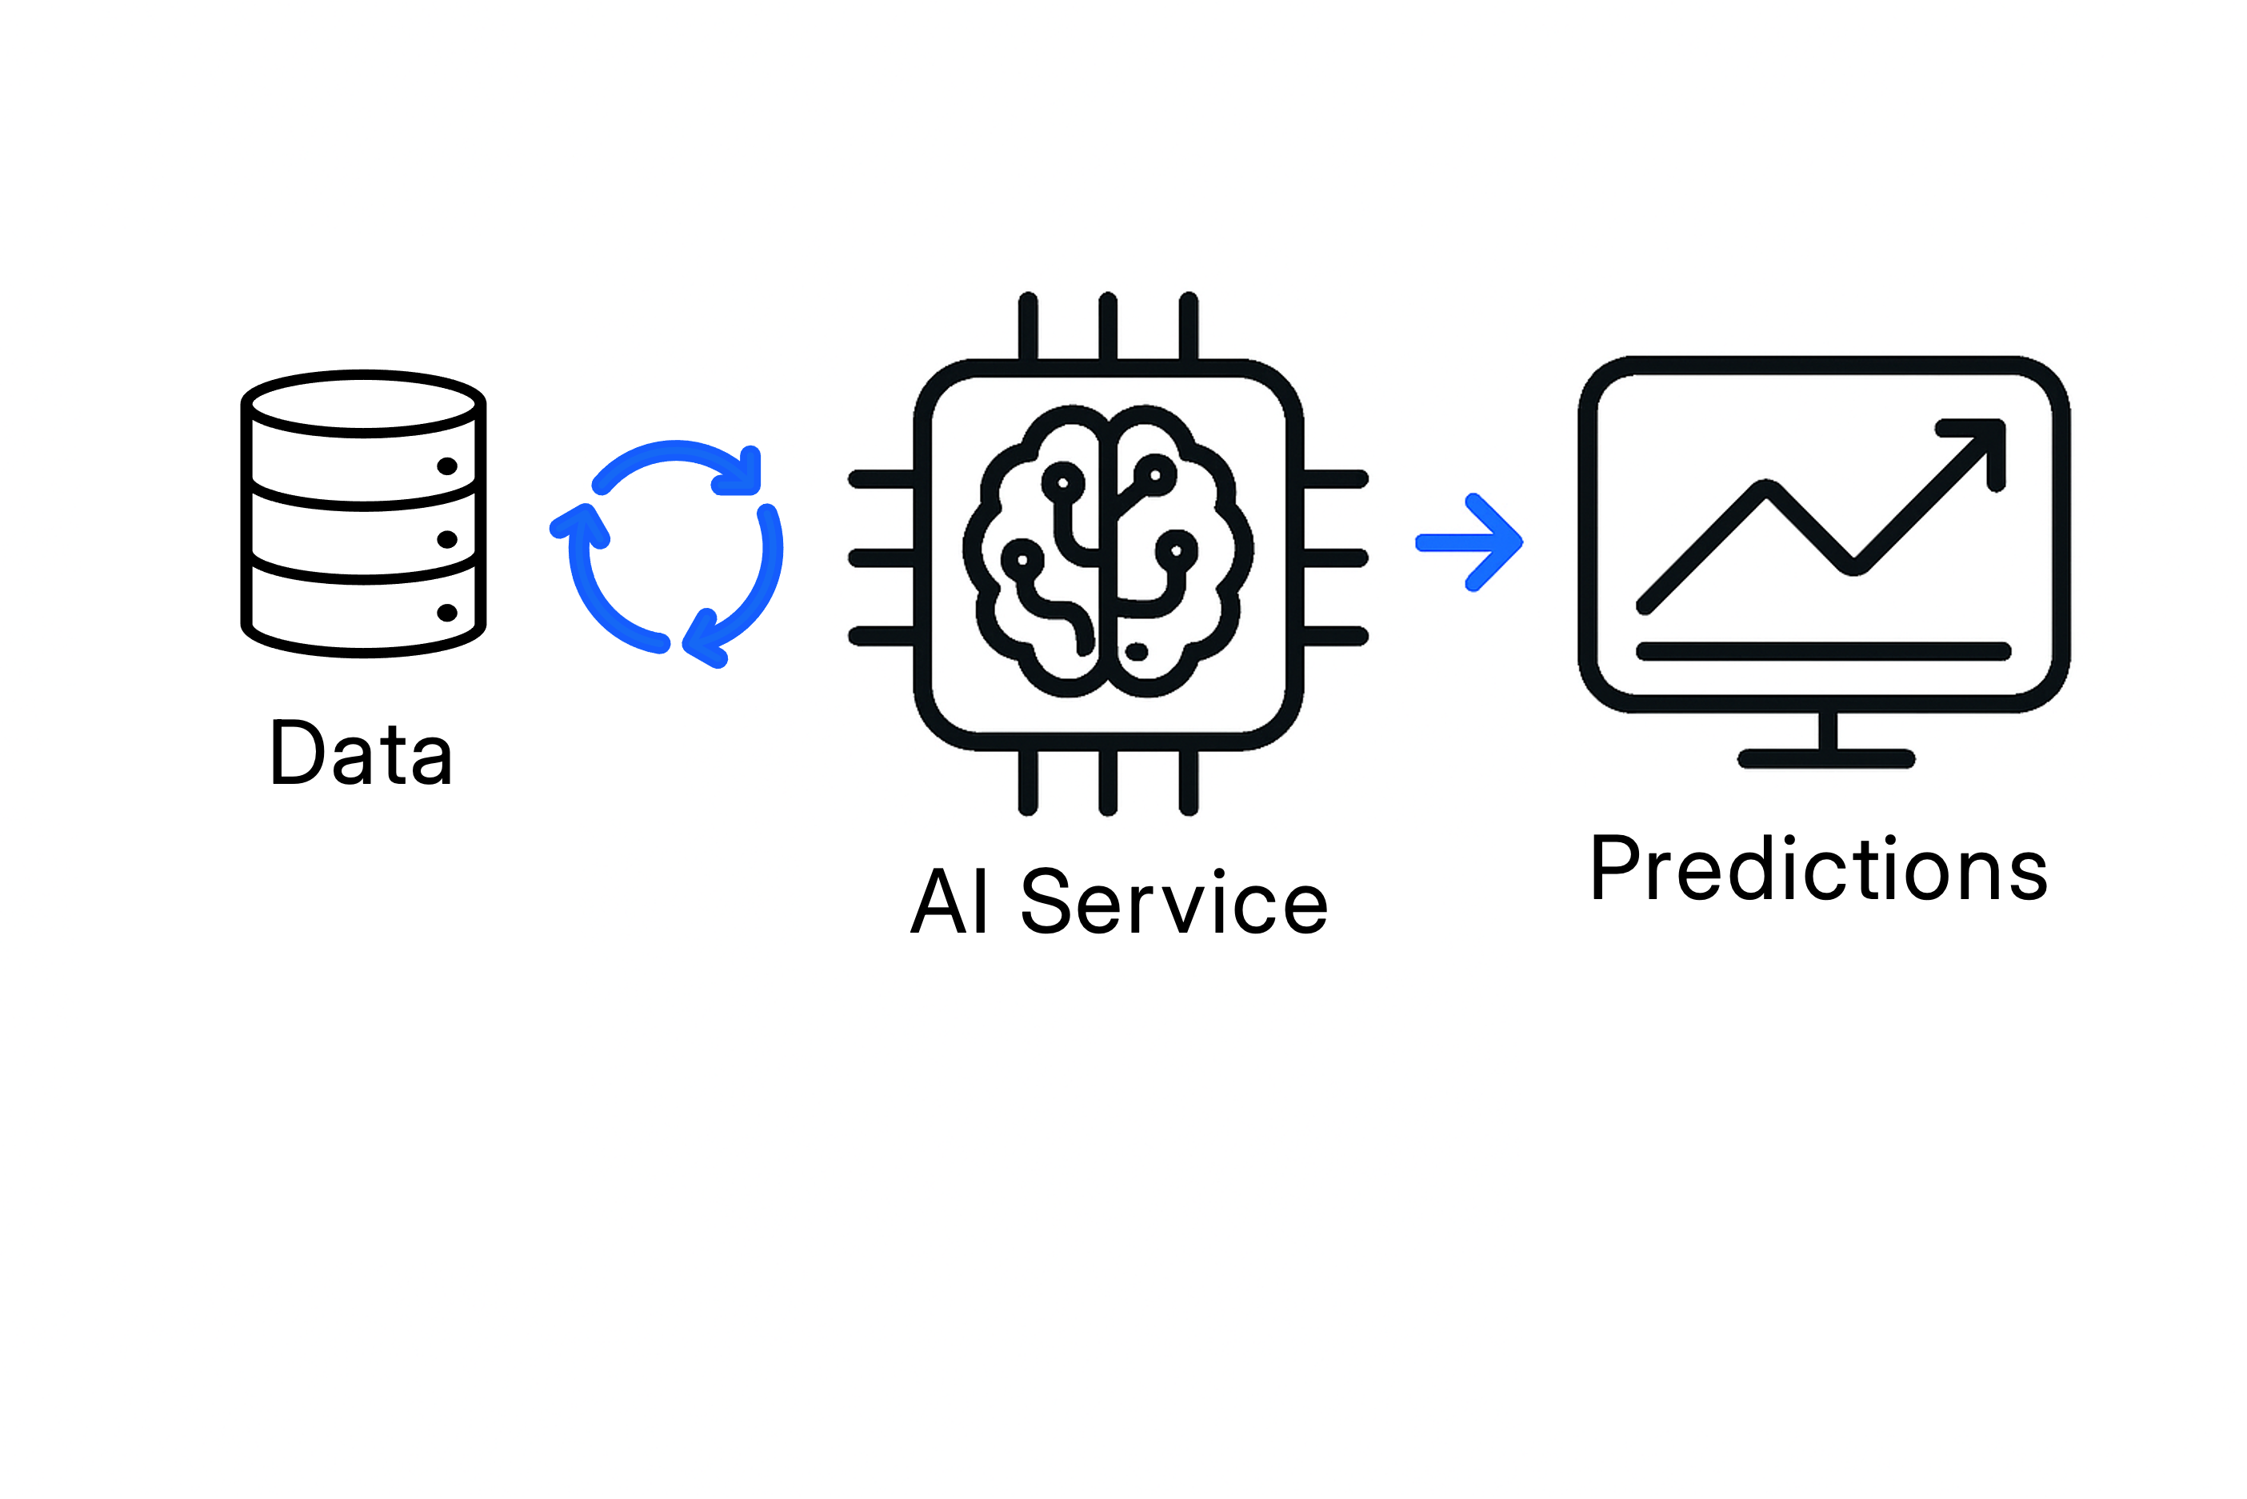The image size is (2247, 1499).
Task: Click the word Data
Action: pyautogui.click(x=362, y=753)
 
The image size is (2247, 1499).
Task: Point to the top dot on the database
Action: pyautogui.click(x=446, y=466)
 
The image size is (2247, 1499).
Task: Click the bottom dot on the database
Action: pyautogui.click(x=446, y=613)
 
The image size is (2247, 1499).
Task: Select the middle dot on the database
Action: pyautogui.click(x=446, y=540)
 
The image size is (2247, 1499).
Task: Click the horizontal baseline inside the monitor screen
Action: pyautogui.click(x=1824, y=652)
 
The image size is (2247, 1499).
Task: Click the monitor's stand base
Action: pyautogui.click(x=1825, y=759)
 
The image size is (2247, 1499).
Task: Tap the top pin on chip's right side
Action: pyautogui.click(x=1334, y=479)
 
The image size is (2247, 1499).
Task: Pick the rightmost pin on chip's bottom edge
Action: pyautogui.click(x=1188, y=782)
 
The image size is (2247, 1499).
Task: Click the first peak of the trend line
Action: pyautogui.click(x=1766, y=490)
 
